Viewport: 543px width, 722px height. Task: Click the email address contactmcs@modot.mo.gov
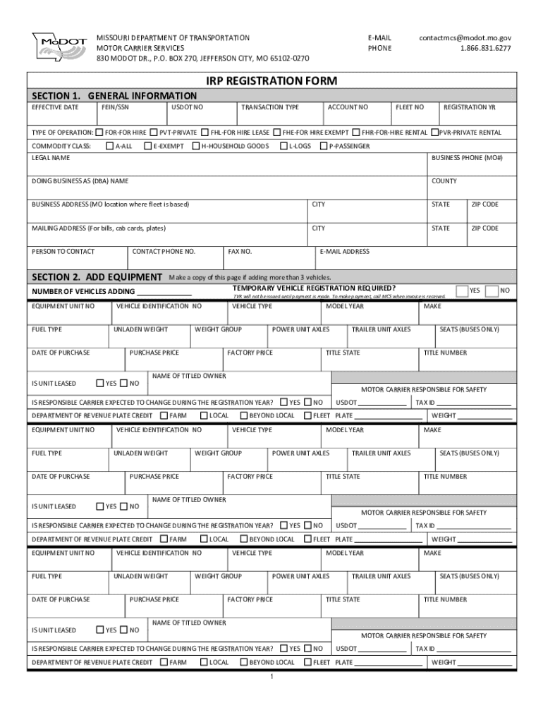pos(465,37)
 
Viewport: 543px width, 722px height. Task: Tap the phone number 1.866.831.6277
pos(486,48)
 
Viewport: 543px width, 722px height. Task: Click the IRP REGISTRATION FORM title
pos(271,81)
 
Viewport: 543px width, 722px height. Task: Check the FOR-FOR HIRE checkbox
pos(100,133)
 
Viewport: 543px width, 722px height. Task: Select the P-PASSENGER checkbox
pos(324,146)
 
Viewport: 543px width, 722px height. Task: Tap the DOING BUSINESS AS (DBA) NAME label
pos(80,181)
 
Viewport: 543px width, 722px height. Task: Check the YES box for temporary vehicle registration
pos(462,290)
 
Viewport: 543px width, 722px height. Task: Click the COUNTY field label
pos(444,181)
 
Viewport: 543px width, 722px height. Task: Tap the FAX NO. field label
pos(240,251)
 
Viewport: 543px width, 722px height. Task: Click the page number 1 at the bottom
pos(271,678)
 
